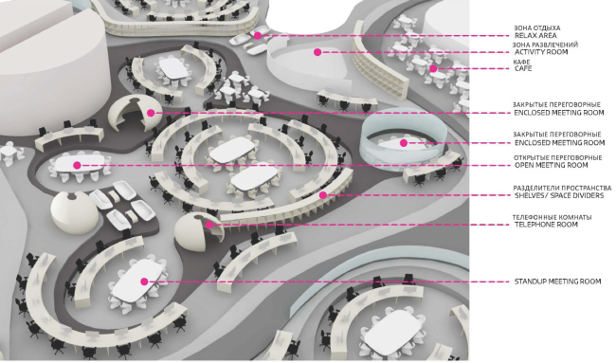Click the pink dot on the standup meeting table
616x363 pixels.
pyautogui.click(x=144, y=281)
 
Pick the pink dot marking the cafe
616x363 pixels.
pyautogui.click(x=433, y=68)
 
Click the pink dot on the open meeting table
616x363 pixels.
pyautogui.click(x=77, y=165)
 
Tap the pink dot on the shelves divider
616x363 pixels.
pyautogui.click(x=322, y=195)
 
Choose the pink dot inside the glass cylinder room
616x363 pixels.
pyautogui.click(x=403, y=143)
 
